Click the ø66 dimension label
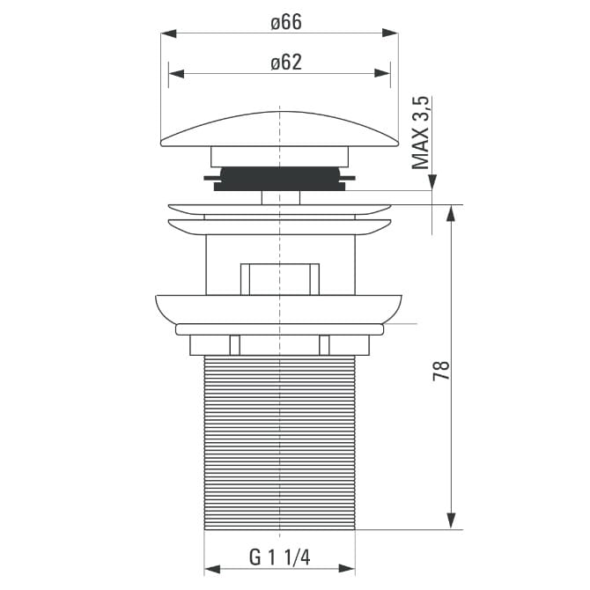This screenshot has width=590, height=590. (x=286, y=22)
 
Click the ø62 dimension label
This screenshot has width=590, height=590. (x=286, y=63)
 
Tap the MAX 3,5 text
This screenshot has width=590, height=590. (x=420, y=133)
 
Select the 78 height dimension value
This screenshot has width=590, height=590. (x=441, y=371)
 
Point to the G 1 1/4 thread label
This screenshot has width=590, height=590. (x=279, y=557)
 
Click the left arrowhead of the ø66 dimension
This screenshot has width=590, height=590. (x=168, y=33)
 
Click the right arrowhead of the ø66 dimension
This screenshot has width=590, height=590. (x=390, y=33)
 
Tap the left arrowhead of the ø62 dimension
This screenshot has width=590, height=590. (x=176, y=73)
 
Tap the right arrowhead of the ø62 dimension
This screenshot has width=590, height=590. (x=383, y=73)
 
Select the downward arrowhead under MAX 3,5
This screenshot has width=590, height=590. (x=432, y=182)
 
